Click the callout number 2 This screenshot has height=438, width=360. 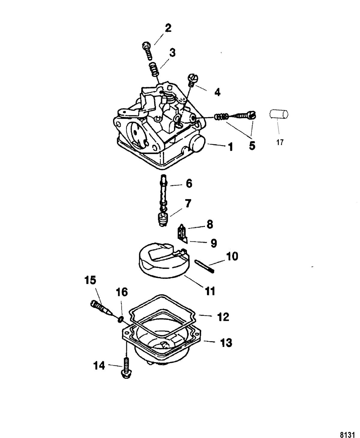click(168, 28)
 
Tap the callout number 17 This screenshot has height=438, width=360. click(280, 143)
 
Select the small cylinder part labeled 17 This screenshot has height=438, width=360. click(279, 115)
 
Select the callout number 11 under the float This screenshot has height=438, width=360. click(210, 291)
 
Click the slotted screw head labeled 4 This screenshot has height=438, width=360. click(193, 79)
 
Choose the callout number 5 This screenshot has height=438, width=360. click(252, 146)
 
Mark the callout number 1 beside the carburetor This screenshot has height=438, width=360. click(230, 147)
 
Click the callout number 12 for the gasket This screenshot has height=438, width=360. click(223, 317)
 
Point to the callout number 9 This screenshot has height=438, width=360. click(214, 243)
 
